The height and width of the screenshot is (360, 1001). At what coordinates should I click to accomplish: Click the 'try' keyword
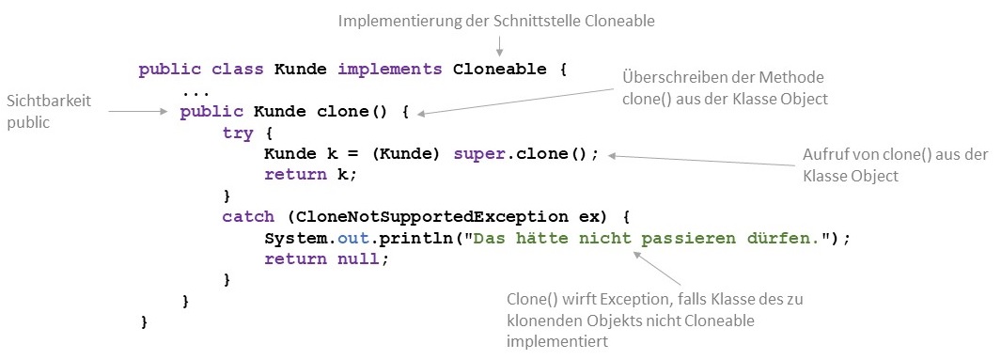pos(237,133)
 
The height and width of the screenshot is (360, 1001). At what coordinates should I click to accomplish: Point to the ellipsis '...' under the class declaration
pos(196,92)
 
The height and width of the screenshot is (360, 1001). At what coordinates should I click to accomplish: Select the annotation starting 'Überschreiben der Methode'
pos(724,86)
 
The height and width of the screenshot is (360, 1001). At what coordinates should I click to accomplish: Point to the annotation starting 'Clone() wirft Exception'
pos(648,321)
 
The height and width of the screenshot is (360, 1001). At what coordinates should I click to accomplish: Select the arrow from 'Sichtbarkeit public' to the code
pos(141,112)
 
